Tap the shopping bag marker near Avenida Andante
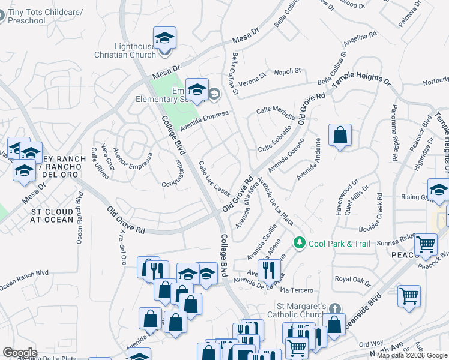pyautogui.click(x=340, y=136)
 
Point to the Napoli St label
pyautogui.click(x=287, y=71)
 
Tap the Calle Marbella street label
pyautogui.click(x=276, y=113)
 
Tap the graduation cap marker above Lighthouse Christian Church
pyautogui.click(x=164, y=38)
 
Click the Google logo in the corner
pyautogui.click(x=20, y=353)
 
